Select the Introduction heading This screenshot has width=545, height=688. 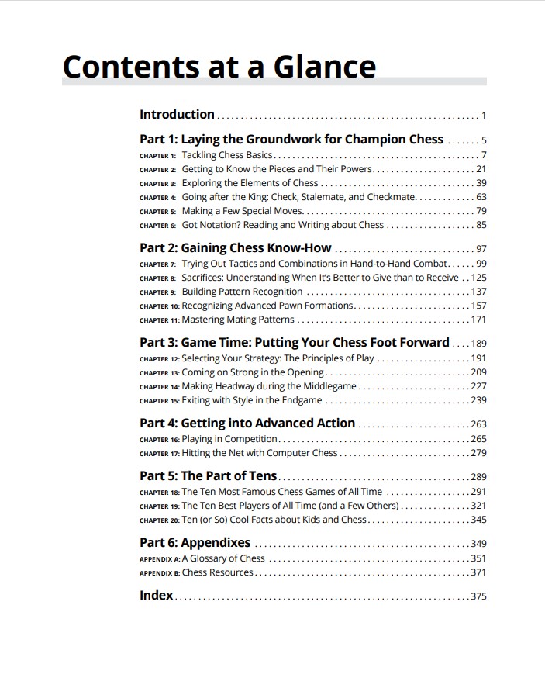coord(177,115)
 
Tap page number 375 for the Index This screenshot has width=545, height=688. coord(478,596)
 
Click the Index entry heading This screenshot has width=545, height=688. coord(157,596)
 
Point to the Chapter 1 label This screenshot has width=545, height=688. coord(158,156)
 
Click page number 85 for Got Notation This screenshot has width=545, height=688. coord(481,226)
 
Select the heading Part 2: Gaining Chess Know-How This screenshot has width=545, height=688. coord(236,248)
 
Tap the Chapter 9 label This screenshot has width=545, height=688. coord(158,292)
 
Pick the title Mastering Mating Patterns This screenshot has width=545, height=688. coord(238,320)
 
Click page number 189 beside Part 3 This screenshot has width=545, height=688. coord(478,344)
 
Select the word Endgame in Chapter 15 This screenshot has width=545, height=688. coord(301,400)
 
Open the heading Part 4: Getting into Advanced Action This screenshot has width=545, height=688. coord(247,424)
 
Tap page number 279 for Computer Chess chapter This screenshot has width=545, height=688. coord(478,453)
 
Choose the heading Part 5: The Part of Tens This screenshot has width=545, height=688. coord(209,476)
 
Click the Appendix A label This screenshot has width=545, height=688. coord(160,558)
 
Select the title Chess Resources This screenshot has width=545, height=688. coord(218,572)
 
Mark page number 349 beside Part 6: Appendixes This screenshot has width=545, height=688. coord(478,544)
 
